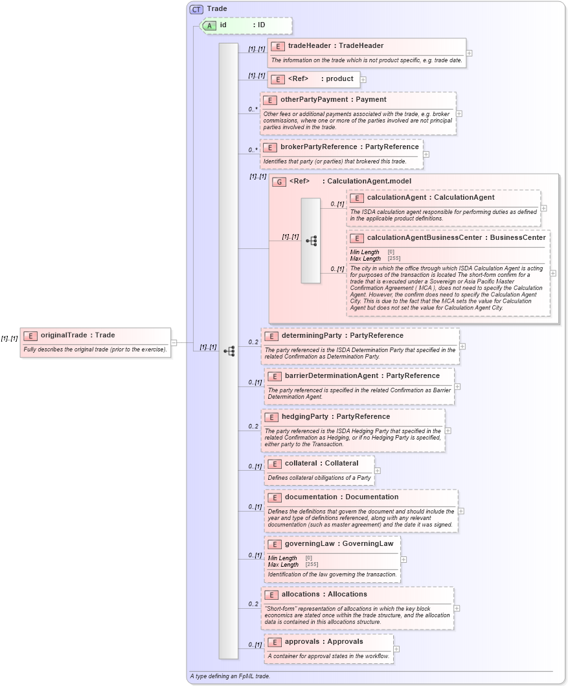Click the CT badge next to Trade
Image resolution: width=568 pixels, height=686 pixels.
point(196,9)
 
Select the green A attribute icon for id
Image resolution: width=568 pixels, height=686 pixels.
point(209,25)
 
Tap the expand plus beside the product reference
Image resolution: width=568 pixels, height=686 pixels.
point(363,80)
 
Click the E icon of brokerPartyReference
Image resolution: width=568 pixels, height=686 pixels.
point(269,147)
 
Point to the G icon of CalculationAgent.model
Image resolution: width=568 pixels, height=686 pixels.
point(279,182)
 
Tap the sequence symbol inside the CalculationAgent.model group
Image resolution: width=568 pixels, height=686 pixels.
point(311,241)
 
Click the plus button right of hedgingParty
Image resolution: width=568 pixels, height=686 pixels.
point(448,431)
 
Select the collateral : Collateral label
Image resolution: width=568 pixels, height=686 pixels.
point(321,464)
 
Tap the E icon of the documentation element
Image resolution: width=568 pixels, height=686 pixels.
point(274,497)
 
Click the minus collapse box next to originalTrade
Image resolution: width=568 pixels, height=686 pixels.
point(174,342)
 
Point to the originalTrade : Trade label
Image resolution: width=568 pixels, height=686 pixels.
point(77,335)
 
